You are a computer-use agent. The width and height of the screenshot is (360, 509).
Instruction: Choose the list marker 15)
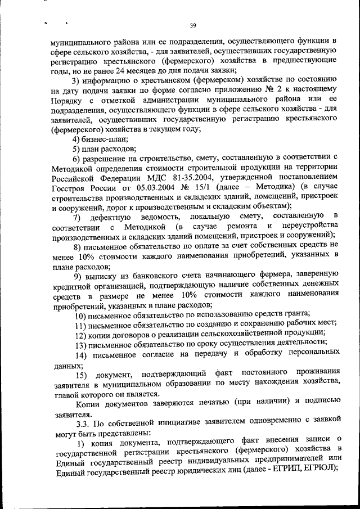[81, 375]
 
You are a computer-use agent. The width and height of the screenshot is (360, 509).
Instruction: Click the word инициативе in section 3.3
[167, 424]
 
